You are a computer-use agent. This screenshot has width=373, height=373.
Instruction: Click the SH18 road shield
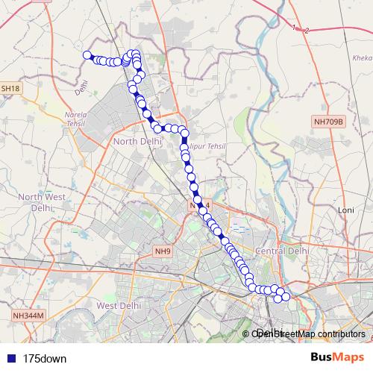coord(11,89)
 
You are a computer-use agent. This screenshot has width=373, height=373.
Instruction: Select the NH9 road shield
coord(163,251)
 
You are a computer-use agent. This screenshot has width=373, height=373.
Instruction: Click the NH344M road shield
coord(29,316)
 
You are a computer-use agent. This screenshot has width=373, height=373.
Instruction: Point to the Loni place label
coord(345,210)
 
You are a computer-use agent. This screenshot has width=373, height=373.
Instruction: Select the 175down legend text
coord(45,358)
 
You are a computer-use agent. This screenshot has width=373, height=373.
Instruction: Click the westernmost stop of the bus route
coord(87,54)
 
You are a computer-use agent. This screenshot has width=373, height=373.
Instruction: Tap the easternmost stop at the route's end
coord(286,298)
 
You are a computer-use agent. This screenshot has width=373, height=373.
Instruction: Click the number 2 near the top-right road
coord(307,30)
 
